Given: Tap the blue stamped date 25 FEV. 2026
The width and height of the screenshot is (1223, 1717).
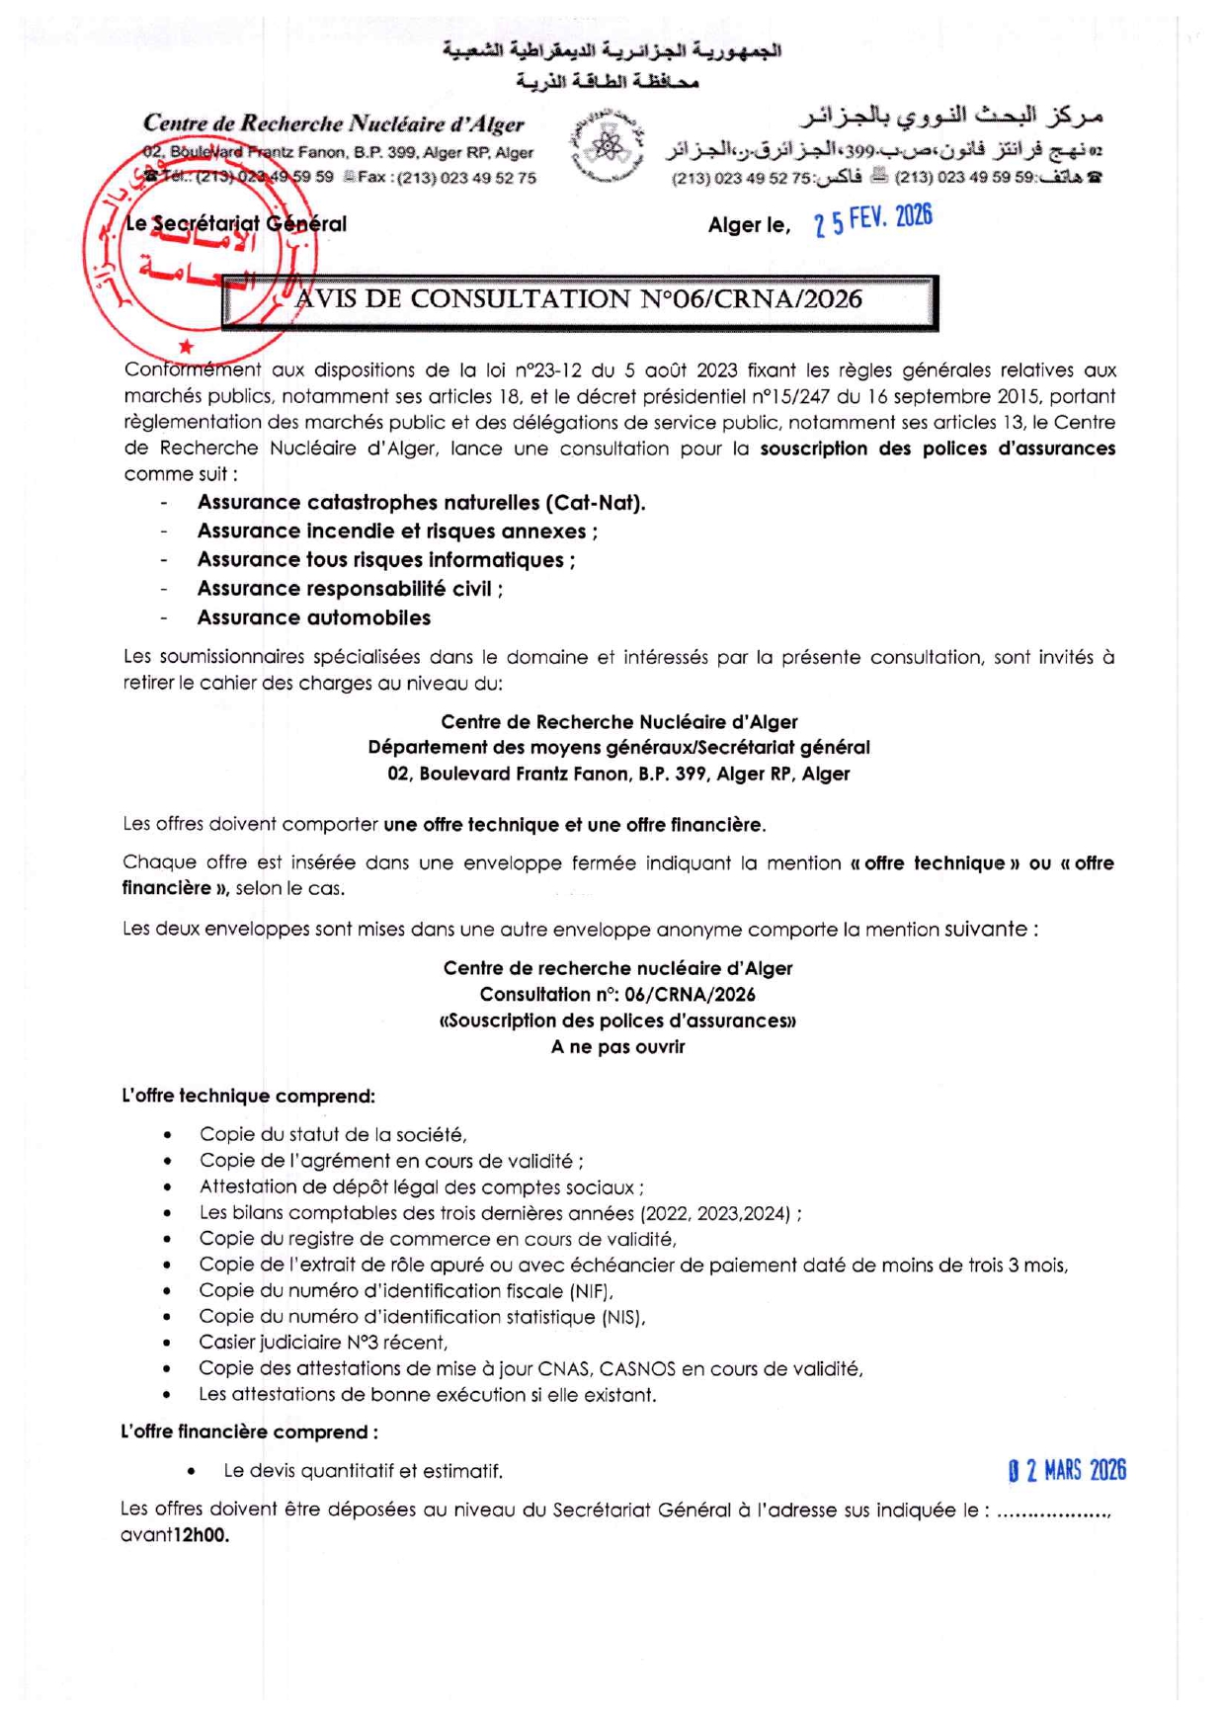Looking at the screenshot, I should tap(873, 219).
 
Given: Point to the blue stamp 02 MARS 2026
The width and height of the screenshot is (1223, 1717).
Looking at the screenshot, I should tap(1067, 1471).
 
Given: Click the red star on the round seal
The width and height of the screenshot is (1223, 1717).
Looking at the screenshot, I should tap(186, 346).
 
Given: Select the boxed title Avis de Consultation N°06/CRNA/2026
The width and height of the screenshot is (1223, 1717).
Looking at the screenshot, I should tap(579, 300).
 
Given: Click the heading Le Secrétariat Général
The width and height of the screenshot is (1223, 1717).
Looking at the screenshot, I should tap(237, 224).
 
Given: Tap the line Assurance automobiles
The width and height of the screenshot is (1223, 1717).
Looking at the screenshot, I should tap(314, 617).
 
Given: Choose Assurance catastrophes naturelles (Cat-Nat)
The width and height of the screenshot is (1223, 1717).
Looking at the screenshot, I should tap(421, 502).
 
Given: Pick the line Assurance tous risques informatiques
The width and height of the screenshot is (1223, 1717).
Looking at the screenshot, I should tap(385, 560).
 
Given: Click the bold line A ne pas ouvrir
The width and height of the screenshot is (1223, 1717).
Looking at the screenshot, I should tap(617, 1046).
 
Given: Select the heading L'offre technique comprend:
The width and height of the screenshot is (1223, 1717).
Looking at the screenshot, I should tap(248, 1096).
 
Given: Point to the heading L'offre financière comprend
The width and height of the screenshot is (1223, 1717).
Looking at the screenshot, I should tap(249, 1431).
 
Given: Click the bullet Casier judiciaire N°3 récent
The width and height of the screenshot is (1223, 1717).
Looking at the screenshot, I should tap(323, 1342).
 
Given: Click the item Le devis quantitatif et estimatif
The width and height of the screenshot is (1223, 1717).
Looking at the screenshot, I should tap(363, 1471).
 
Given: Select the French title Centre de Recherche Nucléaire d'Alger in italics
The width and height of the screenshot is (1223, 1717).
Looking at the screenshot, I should tap(334, 123).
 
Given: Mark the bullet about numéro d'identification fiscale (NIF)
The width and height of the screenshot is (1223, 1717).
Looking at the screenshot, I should tap(406, 1290).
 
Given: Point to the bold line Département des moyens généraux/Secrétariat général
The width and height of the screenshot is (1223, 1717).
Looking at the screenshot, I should tap(618, 748).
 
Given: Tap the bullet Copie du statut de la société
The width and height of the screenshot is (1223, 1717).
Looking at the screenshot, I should tap(333, 1134).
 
